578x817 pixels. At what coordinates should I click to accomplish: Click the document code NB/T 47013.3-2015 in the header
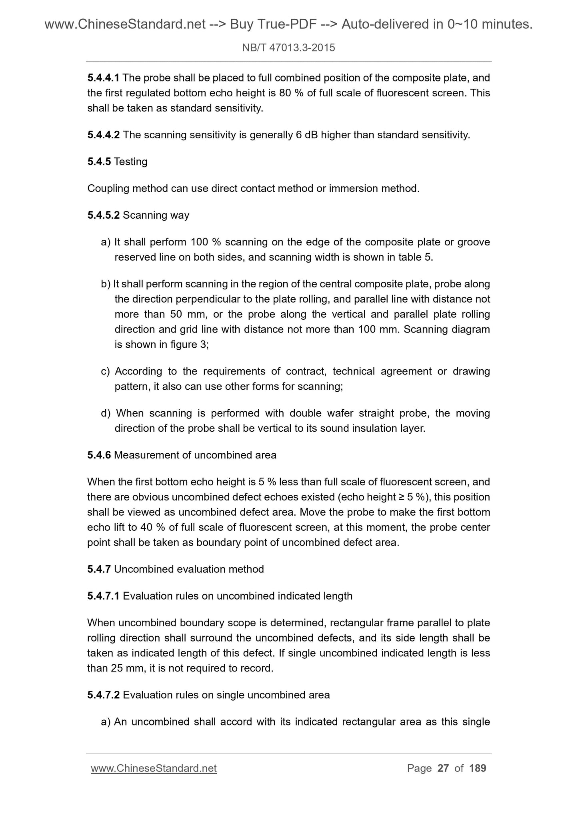(288, 48)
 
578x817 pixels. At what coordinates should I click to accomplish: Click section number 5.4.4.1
(104, 78)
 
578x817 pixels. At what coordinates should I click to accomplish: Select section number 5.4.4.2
(104, 135)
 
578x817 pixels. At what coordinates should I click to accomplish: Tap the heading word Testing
(130, 162)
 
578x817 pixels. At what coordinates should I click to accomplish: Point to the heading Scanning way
(156, 215)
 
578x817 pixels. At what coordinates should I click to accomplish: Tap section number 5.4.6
(99, 455)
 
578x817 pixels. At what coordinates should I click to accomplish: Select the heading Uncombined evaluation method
(189, 569)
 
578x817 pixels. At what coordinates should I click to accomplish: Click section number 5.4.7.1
(104, 596)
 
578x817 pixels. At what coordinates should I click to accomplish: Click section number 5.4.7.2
(104, 695)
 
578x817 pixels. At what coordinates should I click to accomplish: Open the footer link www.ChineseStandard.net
(154, 768)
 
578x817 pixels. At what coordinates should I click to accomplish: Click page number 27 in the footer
(443, 768)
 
